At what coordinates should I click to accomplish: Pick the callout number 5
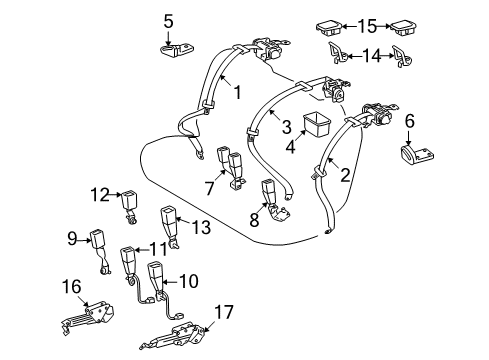point(169,19)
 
